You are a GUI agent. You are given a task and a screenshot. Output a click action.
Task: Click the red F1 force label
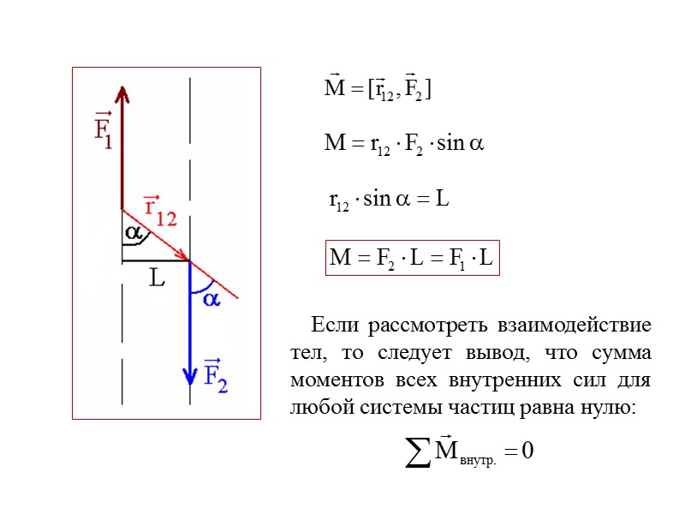coord(103,131)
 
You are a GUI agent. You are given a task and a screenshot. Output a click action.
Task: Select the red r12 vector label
coord(158,211)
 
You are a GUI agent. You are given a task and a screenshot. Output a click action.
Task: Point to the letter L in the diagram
coord(157,278)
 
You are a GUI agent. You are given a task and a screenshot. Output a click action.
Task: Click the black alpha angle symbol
coord(134,232)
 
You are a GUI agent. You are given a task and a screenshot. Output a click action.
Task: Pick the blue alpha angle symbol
coord(210,299)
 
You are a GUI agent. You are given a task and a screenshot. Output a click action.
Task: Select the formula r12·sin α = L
coord(389,200)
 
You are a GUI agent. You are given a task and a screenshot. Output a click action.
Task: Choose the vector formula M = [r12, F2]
coord(376,89)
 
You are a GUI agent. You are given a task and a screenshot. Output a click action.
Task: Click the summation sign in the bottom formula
coord(418,451)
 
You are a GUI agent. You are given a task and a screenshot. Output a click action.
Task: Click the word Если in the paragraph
coord(329,326)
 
